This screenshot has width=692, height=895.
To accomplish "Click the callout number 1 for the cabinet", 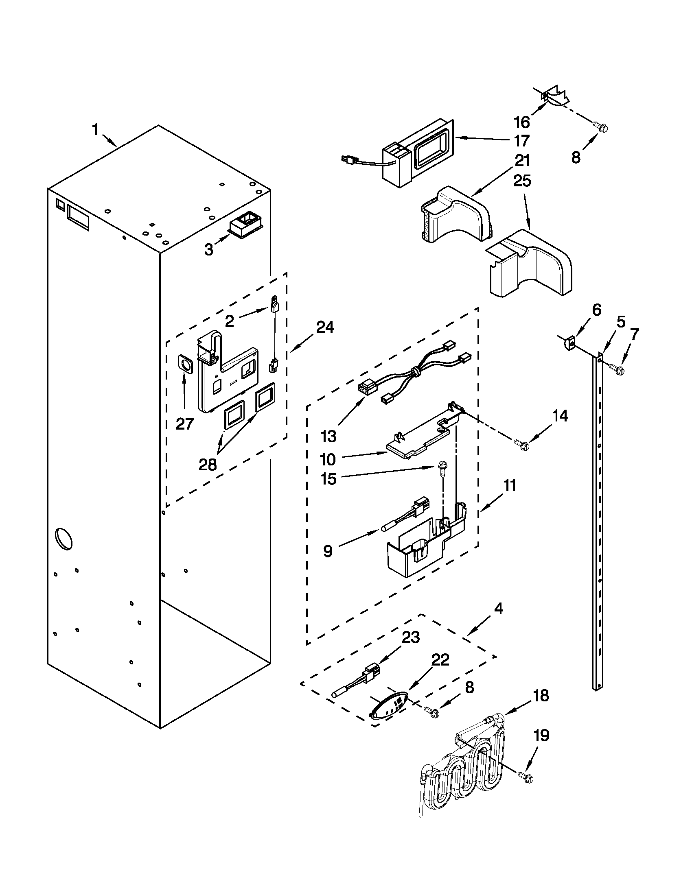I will (95, 130).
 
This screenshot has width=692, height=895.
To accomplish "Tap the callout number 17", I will (522, 141).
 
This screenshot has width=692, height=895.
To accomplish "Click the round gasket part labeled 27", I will (185, 364).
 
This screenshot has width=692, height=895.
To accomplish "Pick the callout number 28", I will (208, 465).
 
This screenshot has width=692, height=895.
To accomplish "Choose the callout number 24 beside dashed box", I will (325, 327).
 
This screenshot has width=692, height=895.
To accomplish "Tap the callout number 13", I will (329, 437).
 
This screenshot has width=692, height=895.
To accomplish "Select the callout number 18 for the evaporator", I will (541, 695).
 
